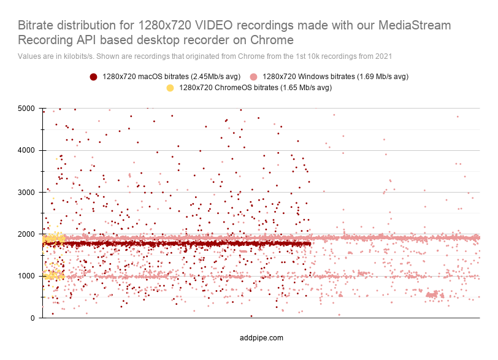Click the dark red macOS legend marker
[x=93, y=77]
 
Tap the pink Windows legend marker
[x=253, y=77]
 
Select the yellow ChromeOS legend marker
[x=170, y=88]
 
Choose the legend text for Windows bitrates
[x=335, y=77]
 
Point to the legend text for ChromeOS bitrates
[x=255, y=88]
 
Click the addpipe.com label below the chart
[x=262, y=338]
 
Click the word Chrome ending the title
[x=273, y=40]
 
